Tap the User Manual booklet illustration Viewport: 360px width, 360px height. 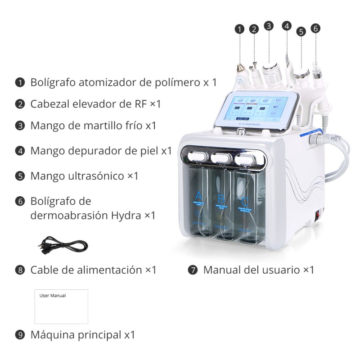(61, 306)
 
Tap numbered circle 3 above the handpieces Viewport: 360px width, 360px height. (269, 26)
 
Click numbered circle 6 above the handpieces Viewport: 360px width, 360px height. (315, 28)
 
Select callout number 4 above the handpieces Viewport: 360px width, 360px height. (287, 26)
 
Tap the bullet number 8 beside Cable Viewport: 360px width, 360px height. (19, 270)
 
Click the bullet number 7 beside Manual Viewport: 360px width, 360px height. (193, 270)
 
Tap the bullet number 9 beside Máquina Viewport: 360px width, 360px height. (19, 335)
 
